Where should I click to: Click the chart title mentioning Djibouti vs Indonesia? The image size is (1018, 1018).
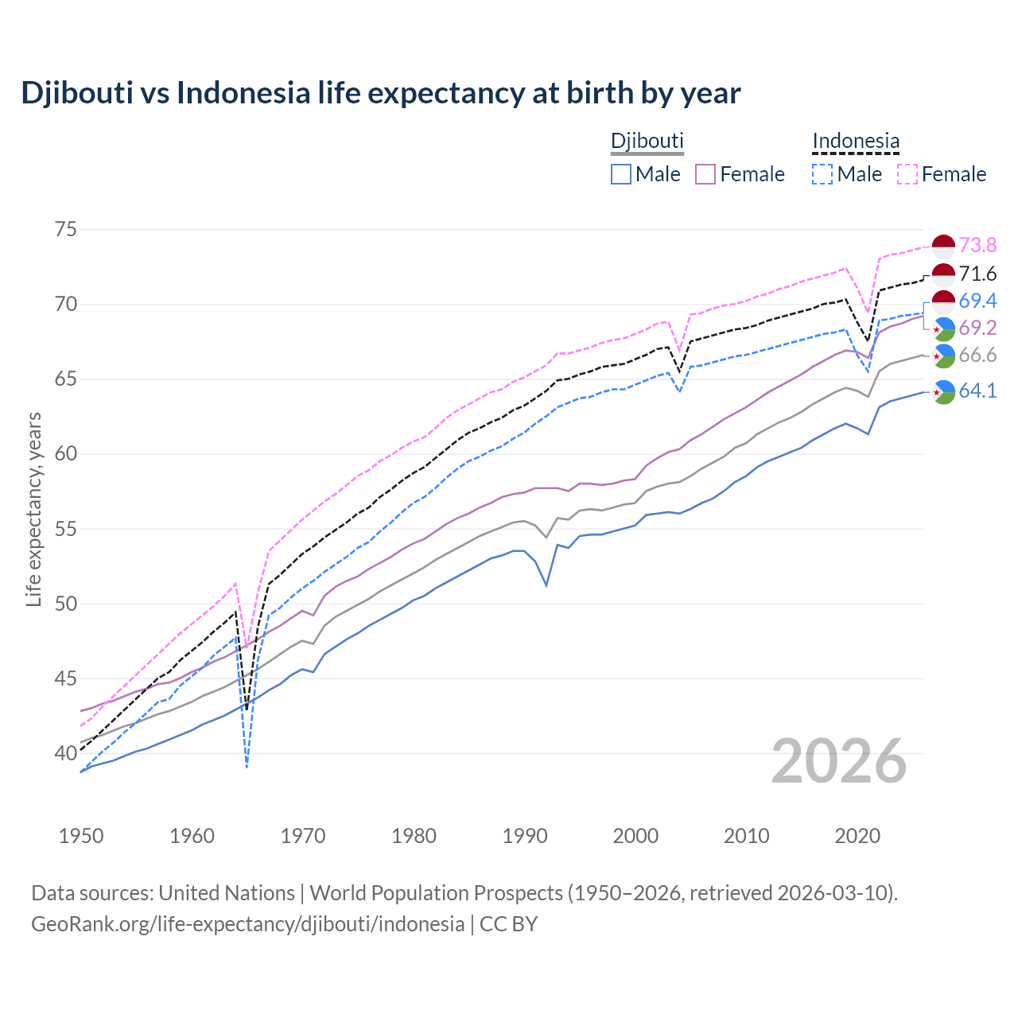click(x=381, y=93)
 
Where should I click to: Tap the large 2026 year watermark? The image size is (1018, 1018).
click(x=839, y=761)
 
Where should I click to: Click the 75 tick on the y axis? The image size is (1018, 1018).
click(x=66, y=230)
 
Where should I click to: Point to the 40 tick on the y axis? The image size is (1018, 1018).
click(x=66, y=753)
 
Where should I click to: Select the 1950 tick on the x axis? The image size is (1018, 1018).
click(x=81, y=836)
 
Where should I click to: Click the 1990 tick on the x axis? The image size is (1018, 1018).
click(x=525, y=836)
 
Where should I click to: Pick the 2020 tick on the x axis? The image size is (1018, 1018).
click(x=857, y=836)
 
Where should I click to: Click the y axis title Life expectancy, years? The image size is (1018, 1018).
click(x=33, y=509)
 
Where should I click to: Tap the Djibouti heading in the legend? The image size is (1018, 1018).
click(x=647, y=141)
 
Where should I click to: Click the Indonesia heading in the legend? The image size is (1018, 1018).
click(x=856, y=141)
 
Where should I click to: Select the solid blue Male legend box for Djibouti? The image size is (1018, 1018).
click(x=621, y=174)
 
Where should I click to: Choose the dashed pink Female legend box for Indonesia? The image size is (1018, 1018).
click(x=907, y=174)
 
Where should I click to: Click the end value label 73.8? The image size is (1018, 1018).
click(x=977, y=245)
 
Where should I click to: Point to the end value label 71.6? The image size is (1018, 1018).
click(x=977, y=274)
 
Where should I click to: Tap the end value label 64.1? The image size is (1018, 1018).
click(x=977, y=391)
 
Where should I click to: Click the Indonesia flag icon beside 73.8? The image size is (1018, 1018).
click(x=943, y=246)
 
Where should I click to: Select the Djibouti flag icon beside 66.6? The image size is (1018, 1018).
click(x=943, y=356)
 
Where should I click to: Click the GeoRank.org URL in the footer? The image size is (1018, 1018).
click(x=247, y=924)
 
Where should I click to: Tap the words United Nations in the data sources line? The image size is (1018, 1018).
click(x=227, y=893)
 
